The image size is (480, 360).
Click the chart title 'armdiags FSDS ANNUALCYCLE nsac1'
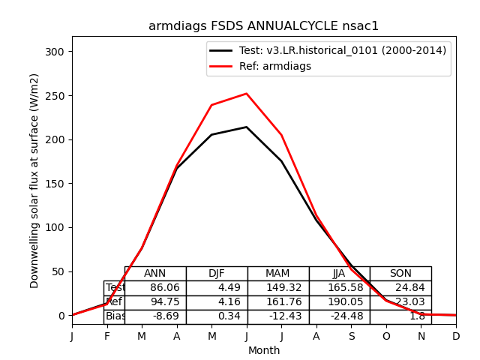(x=263, y=26)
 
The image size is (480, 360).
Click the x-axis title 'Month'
(x=264, y=350)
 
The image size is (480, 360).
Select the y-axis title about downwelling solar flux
(x=34, y=180)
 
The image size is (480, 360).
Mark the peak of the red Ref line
(x=247, y=94)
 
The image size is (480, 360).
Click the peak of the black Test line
(x=247, y=127)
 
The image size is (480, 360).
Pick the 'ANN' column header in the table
(x=155, y=274)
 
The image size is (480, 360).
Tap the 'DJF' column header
(x=217, y=274)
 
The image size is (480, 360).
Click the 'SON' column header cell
(x=400, y=274)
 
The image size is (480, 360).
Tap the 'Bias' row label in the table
(x=115, y=316)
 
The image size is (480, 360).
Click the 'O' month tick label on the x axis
(x=386, y=337)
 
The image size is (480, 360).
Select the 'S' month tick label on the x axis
(x=352, y=337)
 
